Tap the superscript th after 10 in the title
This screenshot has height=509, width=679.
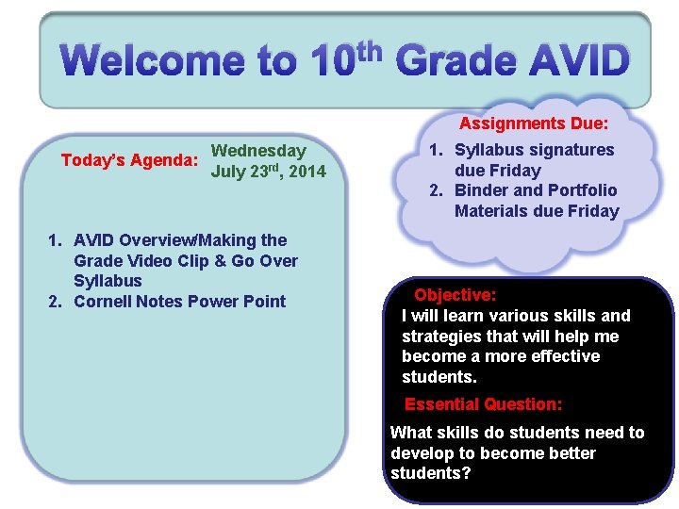tap(370, 47)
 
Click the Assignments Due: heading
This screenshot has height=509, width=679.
tap(533, 123)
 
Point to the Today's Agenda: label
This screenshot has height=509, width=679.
tap(129, 160)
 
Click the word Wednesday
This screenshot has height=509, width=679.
tap(258, 151)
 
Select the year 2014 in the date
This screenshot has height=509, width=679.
tap(306, 172)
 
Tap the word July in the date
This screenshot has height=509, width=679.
tap(230, 172)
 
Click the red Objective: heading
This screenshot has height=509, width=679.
tap(455, 295)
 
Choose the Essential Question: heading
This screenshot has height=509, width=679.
tap(483, 404)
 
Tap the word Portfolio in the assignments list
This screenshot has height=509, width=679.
tap(582, 190)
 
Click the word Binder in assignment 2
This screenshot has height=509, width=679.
tap(482, 190)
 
